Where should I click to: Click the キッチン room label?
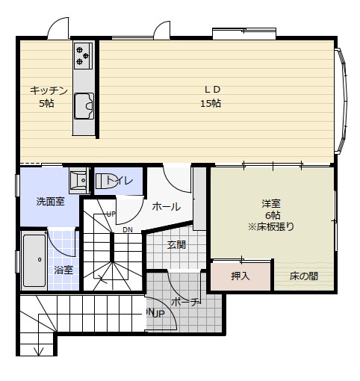(49, 90)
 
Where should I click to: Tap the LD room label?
(212, 90)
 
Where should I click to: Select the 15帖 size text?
(211, 103)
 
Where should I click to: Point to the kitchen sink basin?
(84, 106)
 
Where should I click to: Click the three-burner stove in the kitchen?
(83, 56)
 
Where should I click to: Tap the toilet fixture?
(105, 181)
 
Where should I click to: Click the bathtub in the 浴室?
(34, 261)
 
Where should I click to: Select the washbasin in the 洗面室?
(79, 180)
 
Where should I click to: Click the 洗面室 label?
(51, 201)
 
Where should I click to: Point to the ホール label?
(167, 206)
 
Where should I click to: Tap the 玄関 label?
(176, 245)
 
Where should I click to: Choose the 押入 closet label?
(240, 276)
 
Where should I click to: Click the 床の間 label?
(303, 276)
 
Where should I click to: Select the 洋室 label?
(271, 203)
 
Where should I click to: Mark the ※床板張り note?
(271, 226)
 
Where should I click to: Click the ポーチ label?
(186, 302)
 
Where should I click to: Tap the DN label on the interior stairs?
(128, 230)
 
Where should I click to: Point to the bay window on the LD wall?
(341, 101)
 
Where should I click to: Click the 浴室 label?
(63, 270)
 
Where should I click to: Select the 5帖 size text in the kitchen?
(46, 103)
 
